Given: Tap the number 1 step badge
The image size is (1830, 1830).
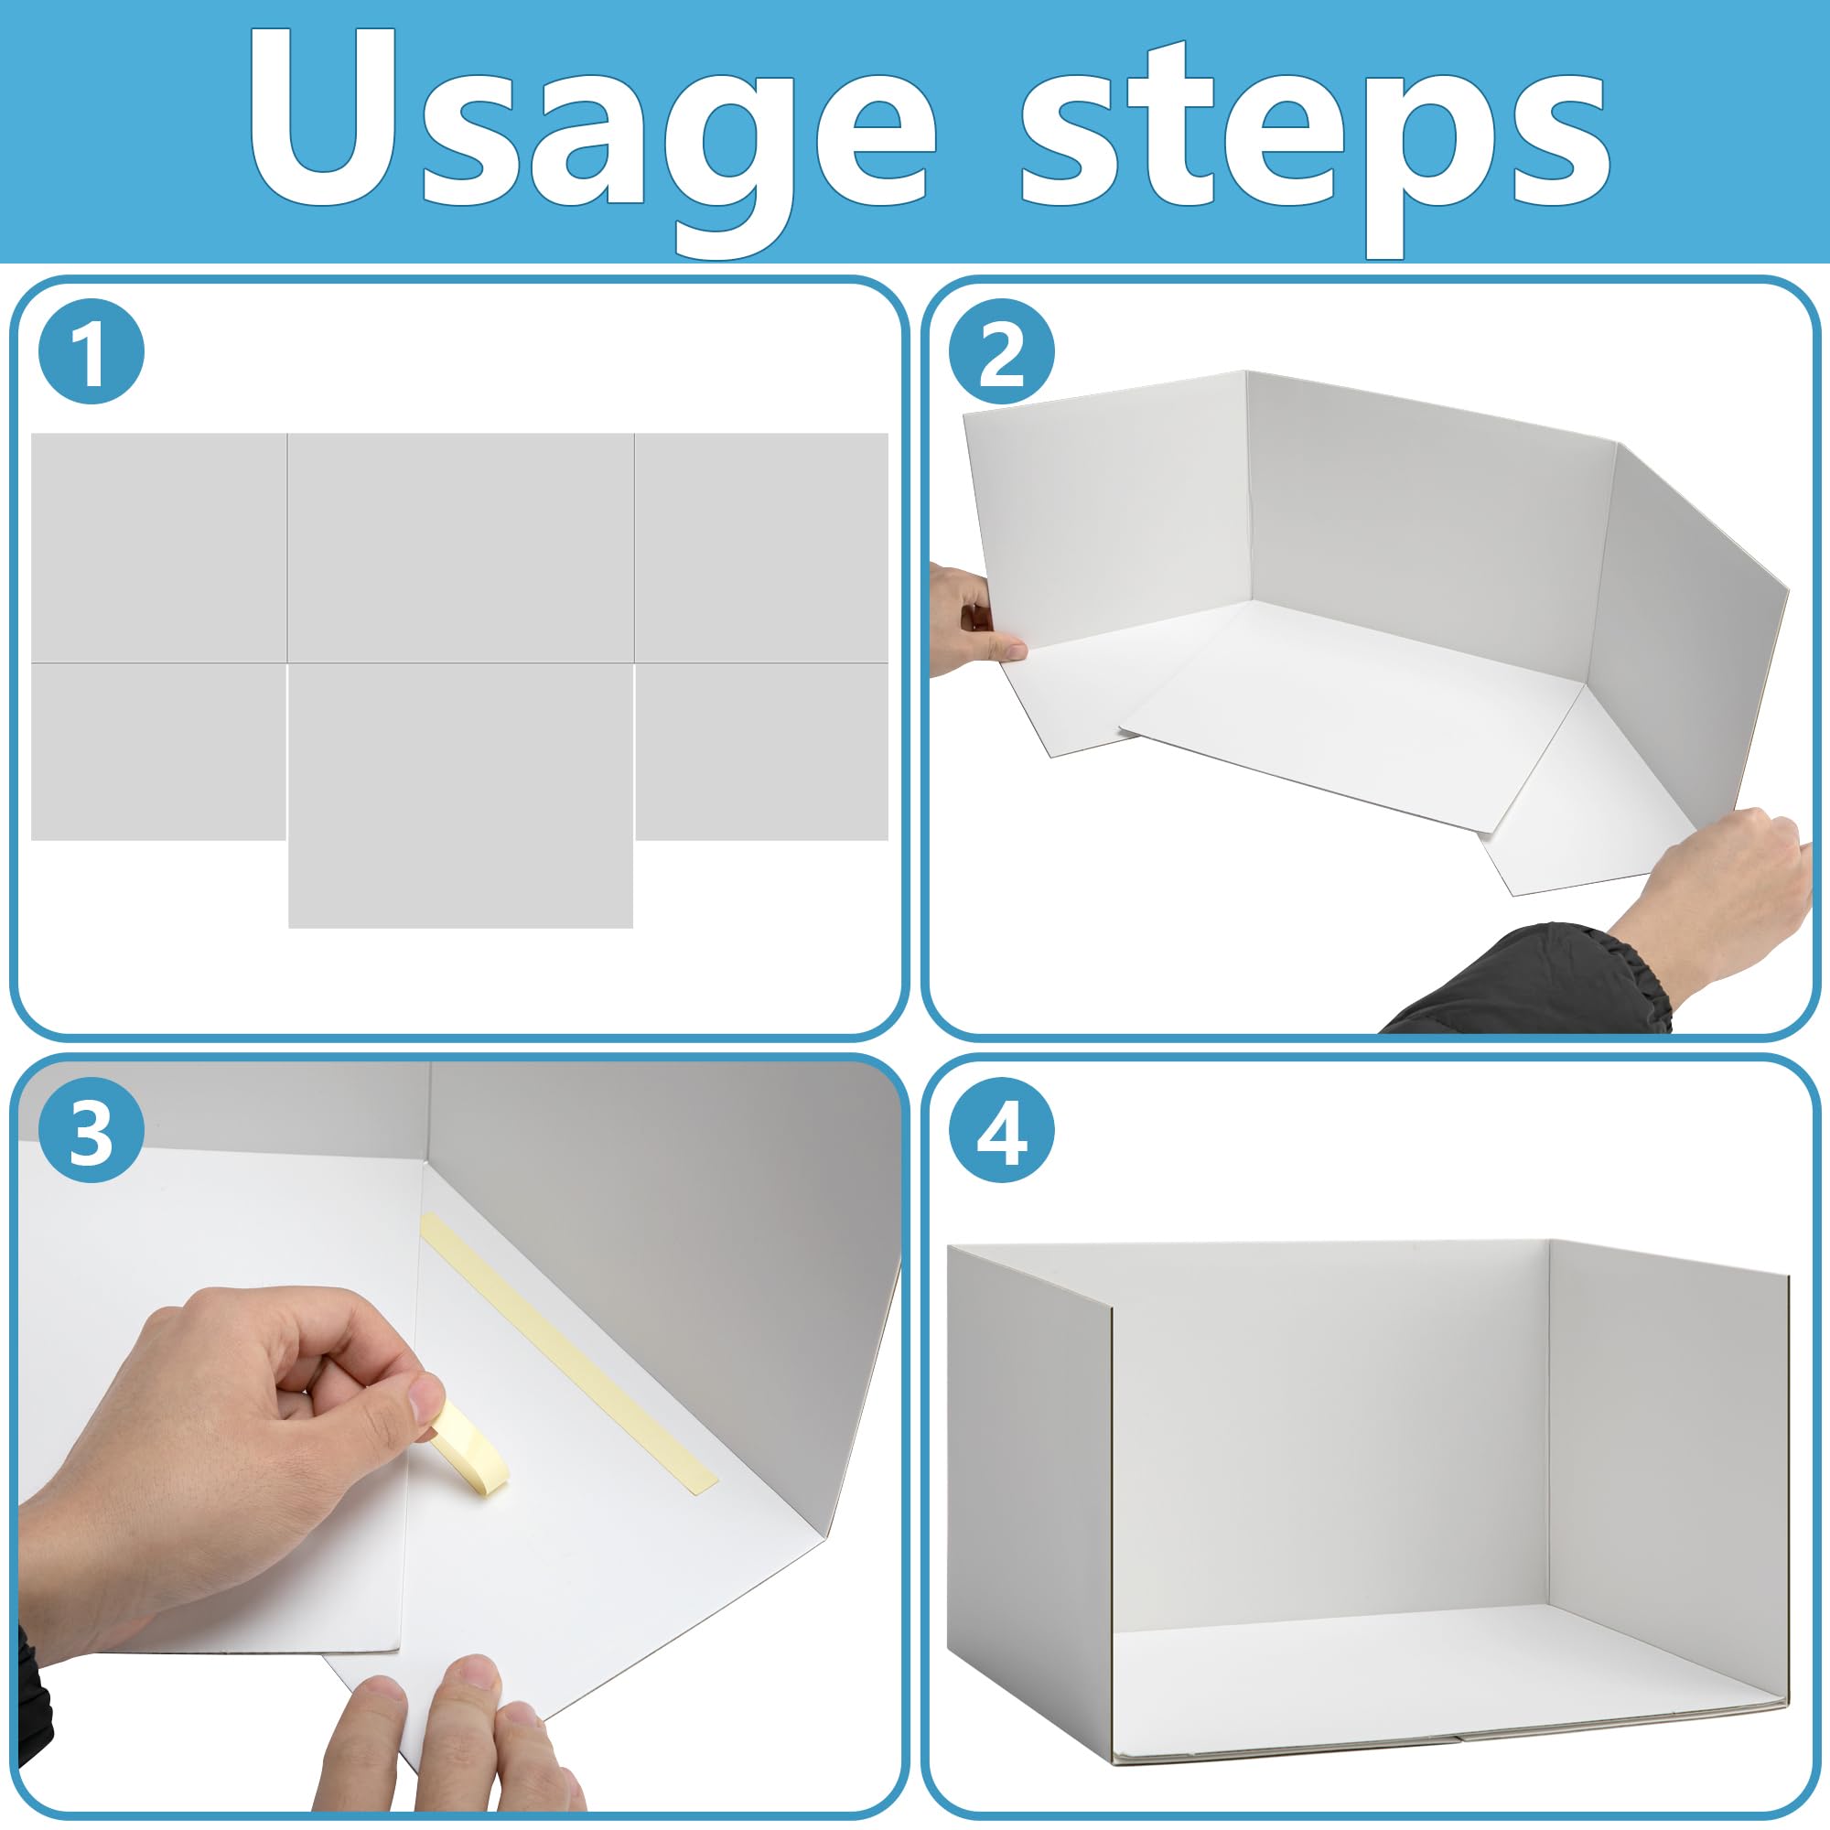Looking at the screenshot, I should (91, 351).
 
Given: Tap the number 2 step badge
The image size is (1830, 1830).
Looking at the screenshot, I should (1001, 351).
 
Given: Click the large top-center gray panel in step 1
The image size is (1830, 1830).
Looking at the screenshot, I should (460, 547).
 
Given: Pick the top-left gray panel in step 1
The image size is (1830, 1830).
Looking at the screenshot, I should (158, 547).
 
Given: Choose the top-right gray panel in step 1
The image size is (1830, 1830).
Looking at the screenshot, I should (760, 547).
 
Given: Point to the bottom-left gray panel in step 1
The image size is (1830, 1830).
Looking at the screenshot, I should (158, 750).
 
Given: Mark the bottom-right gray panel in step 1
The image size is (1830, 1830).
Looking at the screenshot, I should (760, 750).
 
